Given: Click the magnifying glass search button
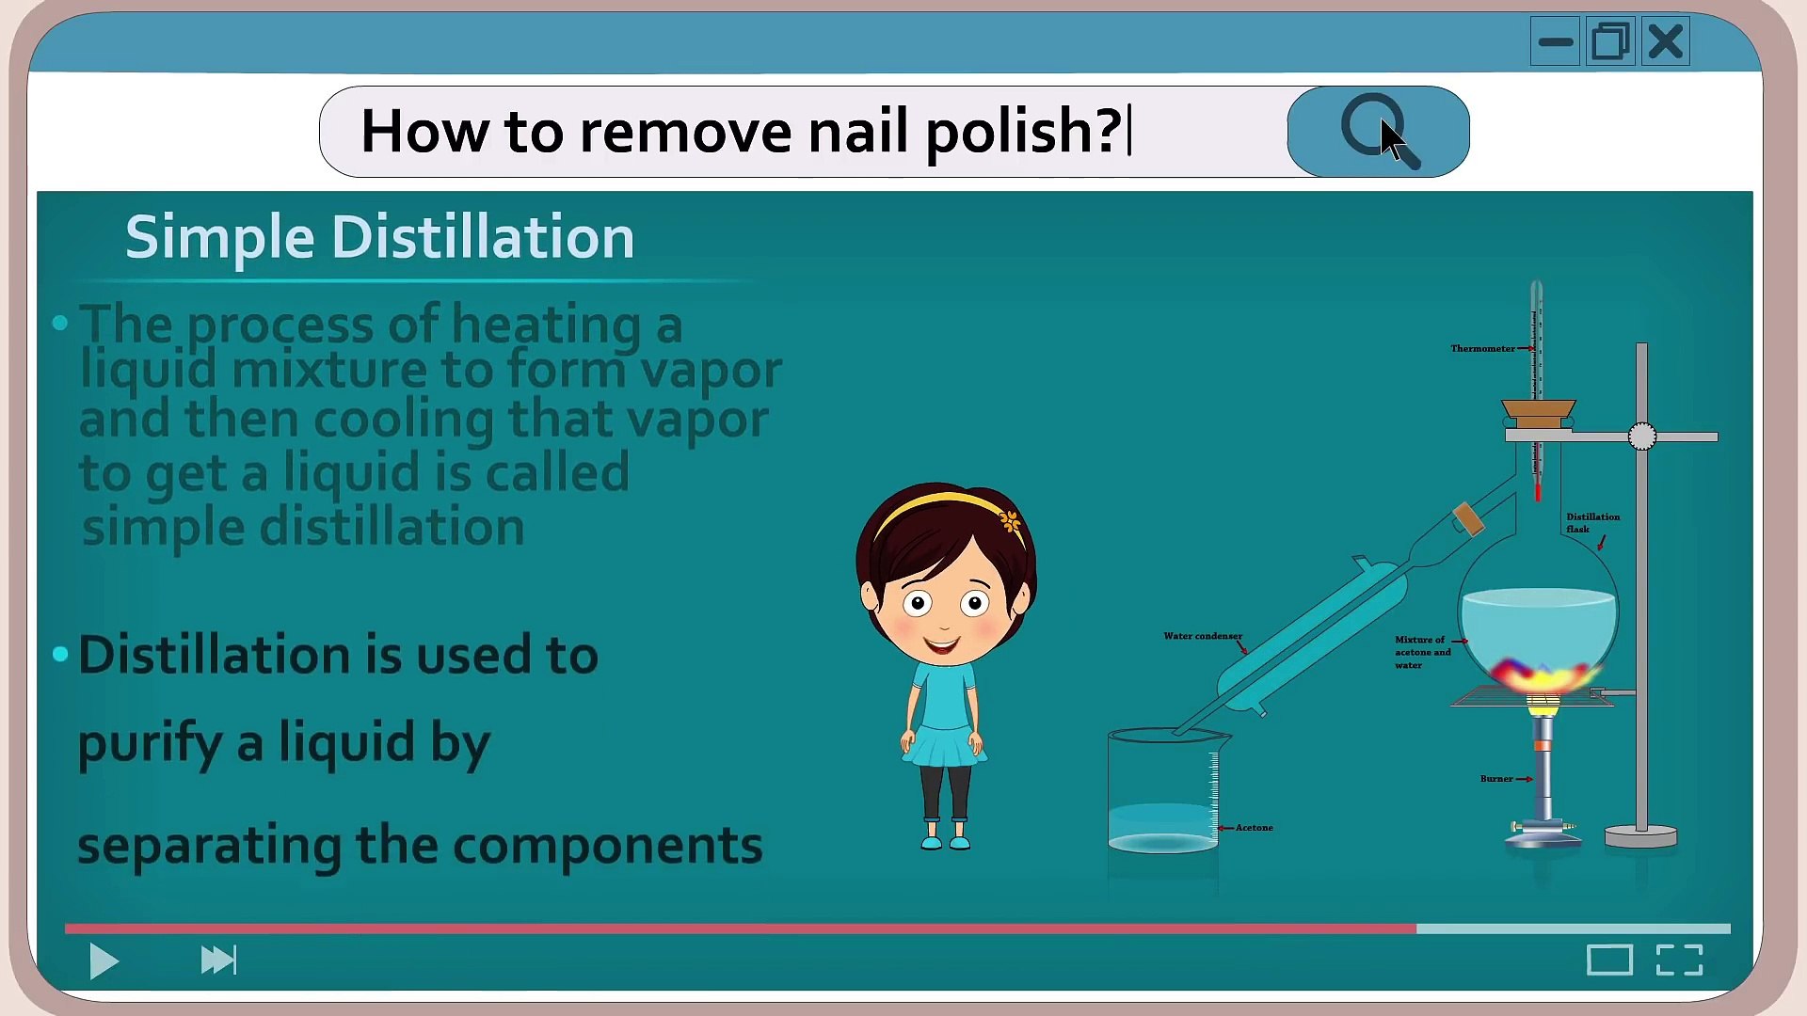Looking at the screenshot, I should click(x=1377, y=132).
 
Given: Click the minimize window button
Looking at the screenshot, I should click(x=1555, y=42).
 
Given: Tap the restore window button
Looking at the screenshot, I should click(x=1610, y=42).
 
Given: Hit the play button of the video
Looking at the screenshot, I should click(x=104, y=960).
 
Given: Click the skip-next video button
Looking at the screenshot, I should click(x=218, y=960).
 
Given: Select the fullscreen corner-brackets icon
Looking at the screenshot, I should click(x=1679, y=960).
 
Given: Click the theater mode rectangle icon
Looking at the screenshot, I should click(x=1609, y=960).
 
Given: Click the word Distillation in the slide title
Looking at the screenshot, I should click(x=483, y=237).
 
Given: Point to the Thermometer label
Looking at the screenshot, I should click(x=1482, y=349).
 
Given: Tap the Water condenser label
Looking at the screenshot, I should click(x=1202, y=637).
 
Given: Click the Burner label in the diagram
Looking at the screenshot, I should click(x=1496, y=779).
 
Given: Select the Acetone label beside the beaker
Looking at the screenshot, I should click(x=1254, y=828).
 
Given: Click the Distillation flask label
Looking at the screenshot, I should click(x=1591, y=523).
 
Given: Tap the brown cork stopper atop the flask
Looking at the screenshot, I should click(x=1538, y=413).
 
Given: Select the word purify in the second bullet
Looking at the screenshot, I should click(x=150, y=743).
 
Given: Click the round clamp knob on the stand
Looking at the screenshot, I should click(x=1641, y=437).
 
